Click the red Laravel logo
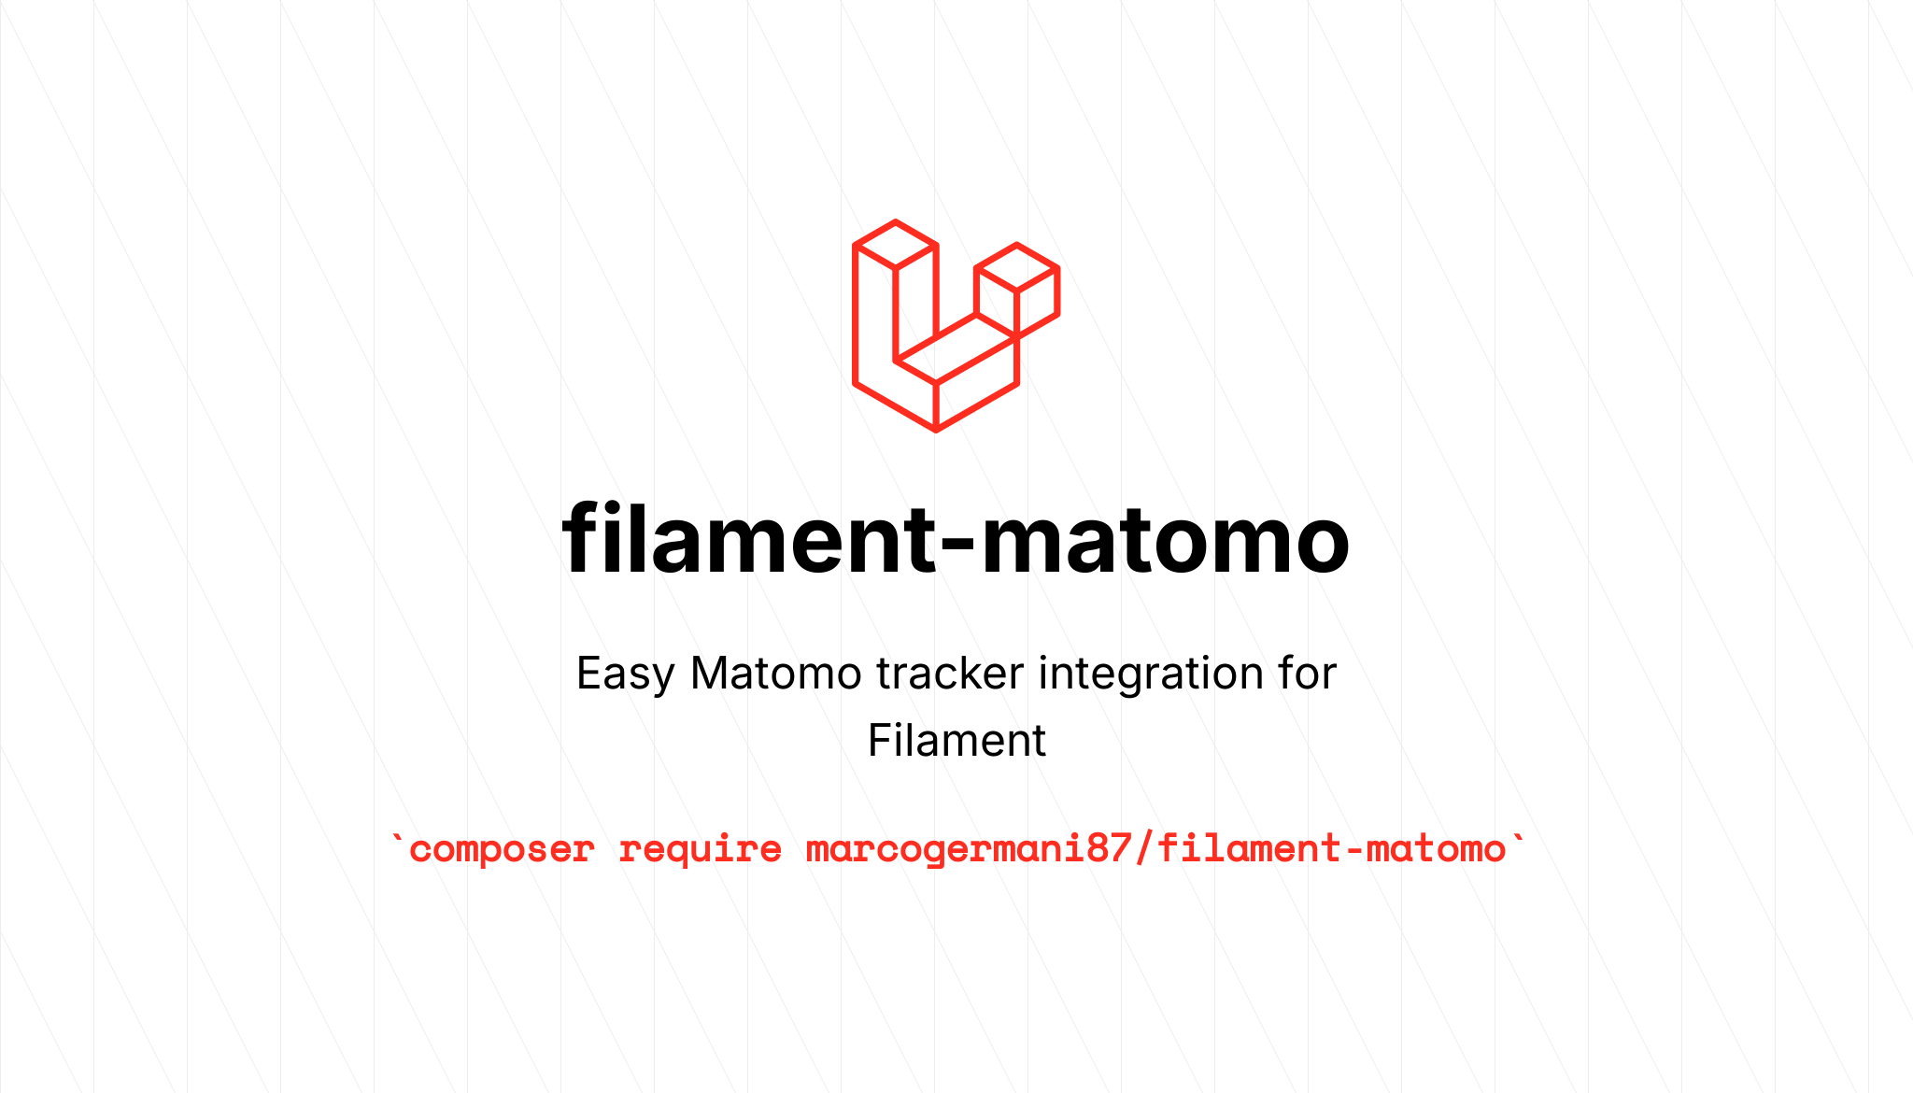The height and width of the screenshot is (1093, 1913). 955,326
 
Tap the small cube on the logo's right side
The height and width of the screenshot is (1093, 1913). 1016,289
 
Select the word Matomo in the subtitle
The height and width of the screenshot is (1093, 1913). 775,674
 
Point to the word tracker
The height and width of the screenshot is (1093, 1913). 949,674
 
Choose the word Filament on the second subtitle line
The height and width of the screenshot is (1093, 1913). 956,741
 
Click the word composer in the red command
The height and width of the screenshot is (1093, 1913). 502,849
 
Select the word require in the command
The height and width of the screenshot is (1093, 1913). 700,849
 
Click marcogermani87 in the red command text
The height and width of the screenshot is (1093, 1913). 969,849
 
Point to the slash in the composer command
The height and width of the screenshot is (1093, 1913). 1144,849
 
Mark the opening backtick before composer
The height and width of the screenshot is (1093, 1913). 399,838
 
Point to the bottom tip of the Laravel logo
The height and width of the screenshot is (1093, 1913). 936,429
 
